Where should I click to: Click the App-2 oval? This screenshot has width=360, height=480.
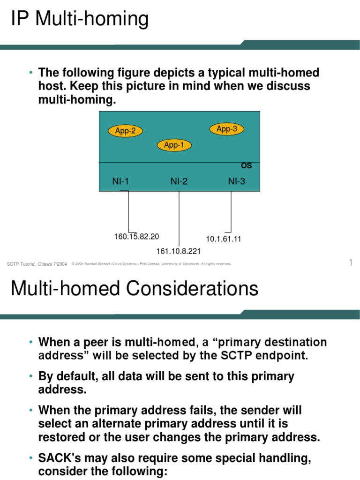pos(125,131)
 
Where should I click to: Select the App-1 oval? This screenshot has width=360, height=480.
pos(174,145)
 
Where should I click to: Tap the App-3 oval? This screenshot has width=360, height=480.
pos(227,129)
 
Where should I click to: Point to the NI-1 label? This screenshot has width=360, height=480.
pos(120,181)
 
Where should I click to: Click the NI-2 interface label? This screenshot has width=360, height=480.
pos(179,181)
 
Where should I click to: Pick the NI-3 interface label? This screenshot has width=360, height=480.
pos(236,181)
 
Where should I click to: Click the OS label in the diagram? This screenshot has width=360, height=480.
pos(246,165)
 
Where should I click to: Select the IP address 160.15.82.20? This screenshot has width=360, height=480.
pos(136,237)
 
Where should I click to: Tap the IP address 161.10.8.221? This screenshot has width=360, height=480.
pos(179,252)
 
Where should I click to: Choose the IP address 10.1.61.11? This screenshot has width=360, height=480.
pos(224,239)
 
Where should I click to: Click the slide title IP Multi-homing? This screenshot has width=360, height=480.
pos(80,20)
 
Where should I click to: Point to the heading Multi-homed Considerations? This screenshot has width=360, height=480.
pos(135,288)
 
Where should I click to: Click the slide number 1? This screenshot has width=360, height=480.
pos(350,262)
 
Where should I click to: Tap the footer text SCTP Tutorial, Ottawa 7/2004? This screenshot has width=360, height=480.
pos(37,264)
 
